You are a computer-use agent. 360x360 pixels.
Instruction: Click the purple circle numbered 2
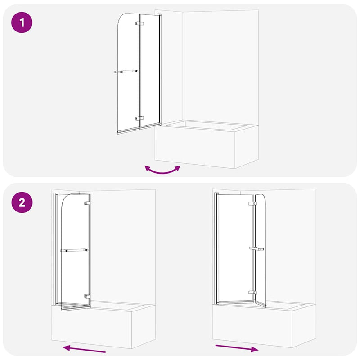[22, 202]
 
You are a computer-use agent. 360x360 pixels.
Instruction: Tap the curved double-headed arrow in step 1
[162, 170]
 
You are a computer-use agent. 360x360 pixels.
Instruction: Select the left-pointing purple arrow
[84, 348]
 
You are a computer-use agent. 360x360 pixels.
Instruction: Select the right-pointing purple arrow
[237, 347]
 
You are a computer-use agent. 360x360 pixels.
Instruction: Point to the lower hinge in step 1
[139, 119]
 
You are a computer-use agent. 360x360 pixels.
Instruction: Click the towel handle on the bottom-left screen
[74, 250]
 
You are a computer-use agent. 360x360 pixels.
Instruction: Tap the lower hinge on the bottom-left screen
[87, 296]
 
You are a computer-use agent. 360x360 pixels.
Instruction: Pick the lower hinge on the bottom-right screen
[252, 292]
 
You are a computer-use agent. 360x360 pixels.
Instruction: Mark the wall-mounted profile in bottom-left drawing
[56, 247]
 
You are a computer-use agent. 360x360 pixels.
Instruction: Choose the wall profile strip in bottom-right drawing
[216, 247]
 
